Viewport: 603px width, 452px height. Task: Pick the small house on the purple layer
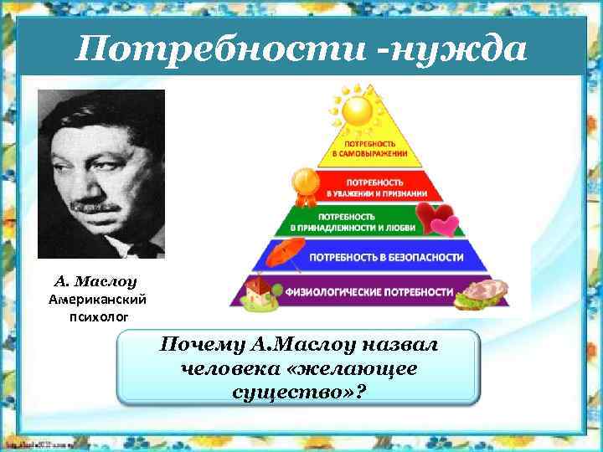(262, 293)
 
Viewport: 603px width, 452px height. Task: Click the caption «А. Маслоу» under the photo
(100, 281)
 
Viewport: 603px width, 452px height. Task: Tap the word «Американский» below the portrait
(100, 298)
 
